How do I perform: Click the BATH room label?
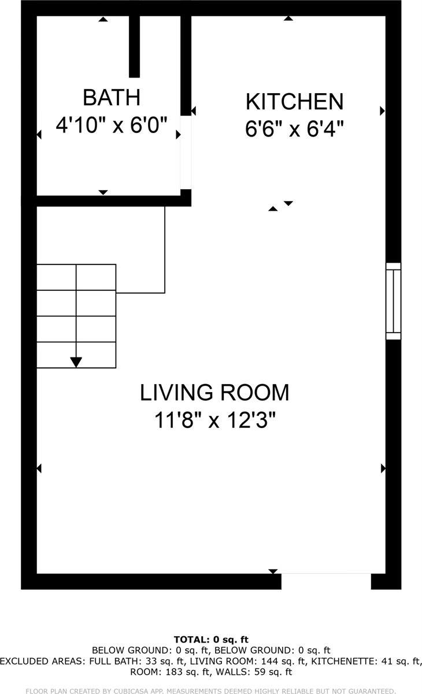(112, 97)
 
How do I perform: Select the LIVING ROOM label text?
(214, 393)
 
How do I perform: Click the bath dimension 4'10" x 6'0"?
(112, 125)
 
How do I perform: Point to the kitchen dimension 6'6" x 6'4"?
(294, 128)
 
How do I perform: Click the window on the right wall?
(393, 301)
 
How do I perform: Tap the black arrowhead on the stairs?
(76, 362)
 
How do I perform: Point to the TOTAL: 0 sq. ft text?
(211, 639)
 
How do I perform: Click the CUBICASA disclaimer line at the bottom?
(211, 690)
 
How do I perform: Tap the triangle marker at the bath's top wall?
(103, 19)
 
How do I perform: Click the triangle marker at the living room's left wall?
(39, 467)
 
